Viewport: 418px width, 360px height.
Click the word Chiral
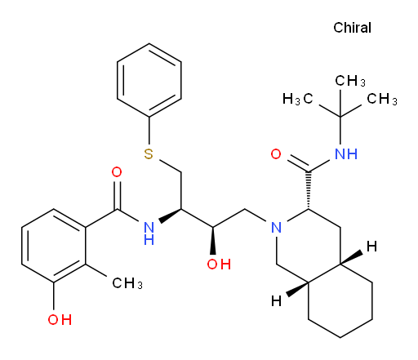point(352,28)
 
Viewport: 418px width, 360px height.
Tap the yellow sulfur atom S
point(149,154)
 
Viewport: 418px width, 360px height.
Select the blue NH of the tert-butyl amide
point(346,154)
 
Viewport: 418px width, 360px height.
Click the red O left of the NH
point(276,154)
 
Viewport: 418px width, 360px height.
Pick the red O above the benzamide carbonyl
point(117,172)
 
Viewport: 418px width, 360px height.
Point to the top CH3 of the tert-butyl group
point(350,81)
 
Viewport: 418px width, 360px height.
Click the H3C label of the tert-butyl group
point(298,99)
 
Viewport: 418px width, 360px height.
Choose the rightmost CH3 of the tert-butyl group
point(382,99)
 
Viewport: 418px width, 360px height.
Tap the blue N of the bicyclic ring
point(277,227)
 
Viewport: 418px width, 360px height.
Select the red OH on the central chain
point(219,264)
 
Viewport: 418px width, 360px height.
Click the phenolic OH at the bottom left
point(60,319)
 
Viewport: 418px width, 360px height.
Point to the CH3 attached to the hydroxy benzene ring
point(127,283)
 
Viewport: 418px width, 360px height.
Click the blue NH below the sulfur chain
point(149,233)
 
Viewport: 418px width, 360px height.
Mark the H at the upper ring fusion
point(371,247)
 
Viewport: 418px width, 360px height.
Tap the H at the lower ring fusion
point(277,301)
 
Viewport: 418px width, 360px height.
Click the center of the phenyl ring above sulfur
point(149,80)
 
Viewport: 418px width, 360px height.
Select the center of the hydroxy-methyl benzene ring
point(54,246)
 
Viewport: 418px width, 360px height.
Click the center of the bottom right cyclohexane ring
point(340,300)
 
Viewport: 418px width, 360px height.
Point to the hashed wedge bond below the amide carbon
point(309,190)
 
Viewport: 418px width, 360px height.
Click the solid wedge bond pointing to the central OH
point(213,241)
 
